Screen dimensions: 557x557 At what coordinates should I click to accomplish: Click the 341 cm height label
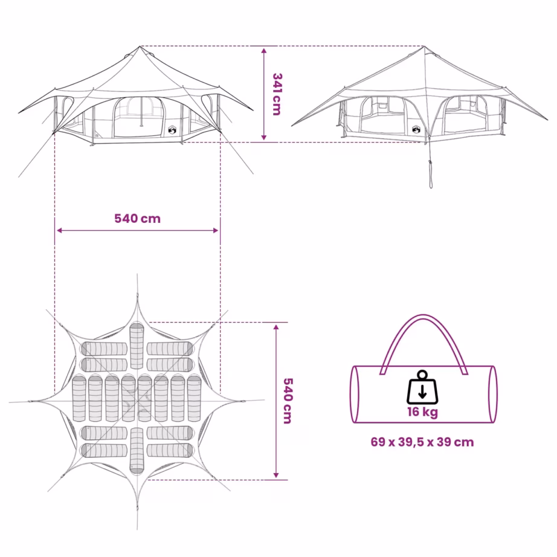pyautogui.click(x=277, y=94)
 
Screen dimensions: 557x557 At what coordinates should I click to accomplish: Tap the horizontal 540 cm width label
pyautogui.click(x=138, y=219)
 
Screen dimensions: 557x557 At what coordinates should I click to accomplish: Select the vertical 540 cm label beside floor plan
pyautogui.click(x=288, y=401)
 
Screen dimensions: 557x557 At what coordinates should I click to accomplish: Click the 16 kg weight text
pyautogui.click(x=422, y=412)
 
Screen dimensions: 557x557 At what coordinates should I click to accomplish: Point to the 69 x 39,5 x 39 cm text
pyautogui.click(x=422, y=442)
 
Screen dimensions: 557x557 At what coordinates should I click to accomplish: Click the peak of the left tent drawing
pyautogui.click(x=140, y=46)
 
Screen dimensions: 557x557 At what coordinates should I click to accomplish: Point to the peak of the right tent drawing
pyautogui.click(x=423, y=46)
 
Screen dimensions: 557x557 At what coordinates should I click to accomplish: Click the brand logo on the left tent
pyautogui.click(x=172, y=130)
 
